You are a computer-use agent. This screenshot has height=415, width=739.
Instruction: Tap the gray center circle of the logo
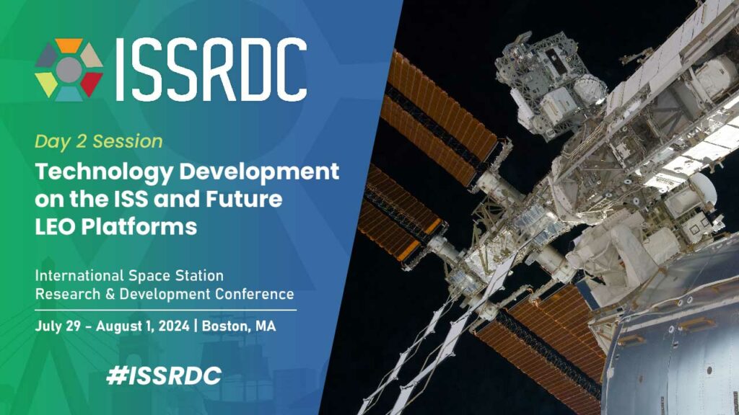69,69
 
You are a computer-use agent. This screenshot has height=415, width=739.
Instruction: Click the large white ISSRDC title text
210,69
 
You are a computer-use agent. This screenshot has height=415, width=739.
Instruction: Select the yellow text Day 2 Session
99,140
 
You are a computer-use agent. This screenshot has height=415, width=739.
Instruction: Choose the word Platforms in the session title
144,226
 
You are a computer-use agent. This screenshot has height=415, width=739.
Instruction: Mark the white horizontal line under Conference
165,309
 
